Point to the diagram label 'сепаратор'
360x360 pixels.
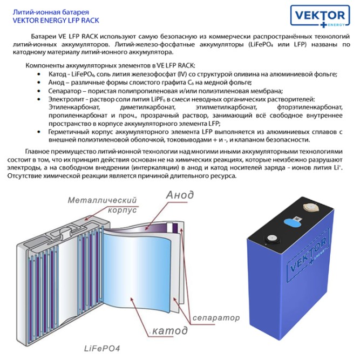click(x=215, y=317)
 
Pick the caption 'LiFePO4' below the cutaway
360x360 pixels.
click(x=101, y=347)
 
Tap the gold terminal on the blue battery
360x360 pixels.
click(x=310, y=207)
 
